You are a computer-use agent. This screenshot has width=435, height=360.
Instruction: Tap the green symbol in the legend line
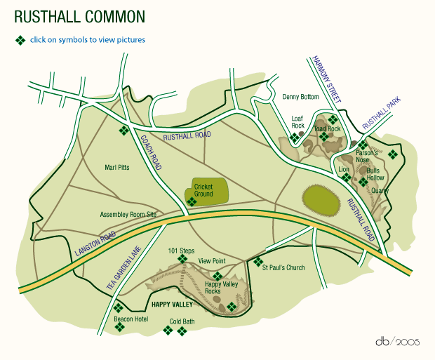(x=21, y=40)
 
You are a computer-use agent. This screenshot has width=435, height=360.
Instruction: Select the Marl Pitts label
(x=117, y=167)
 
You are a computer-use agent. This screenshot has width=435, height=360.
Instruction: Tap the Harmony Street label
(x=326, y=79)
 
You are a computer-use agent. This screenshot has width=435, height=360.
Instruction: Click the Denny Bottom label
(x=300, y=96)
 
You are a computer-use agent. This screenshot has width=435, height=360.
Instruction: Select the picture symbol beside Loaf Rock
(x=295, y=138)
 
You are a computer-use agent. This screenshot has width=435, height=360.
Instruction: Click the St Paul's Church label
(x=283, y=267)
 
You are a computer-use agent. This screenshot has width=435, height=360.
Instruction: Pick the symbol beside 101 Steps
(x=182, y=259)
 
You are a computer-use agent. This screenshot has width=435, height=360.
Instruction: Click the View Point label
(x=211, y=260)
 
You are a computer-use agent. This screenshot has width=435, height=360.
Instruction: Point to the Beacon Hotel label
(x=130, y=319)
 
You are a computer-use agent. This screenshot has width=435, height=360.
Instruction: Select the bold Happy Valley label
(x=171, y=305)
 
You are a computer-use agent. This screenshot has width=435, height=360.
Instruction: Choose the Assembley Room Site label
(x=128, y=214)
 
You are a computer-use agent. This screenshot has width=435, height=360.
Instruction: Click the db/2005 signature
(x=396, y=342)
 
